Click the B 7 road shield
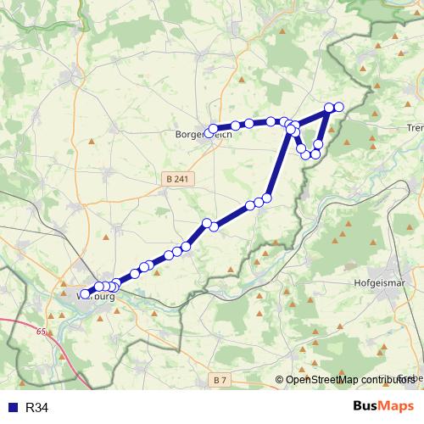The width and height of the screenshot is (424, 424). tap(220, 378)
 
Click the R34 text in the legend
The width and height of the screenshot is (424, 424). tap(37, 408)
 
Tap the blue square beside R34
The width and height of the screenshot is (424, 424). tap(12, 408)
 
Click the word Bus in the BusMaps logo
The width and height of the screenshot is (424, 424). tap(367, 407)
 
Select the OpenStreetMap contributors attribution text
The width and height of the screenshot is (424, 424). tap(350, 379)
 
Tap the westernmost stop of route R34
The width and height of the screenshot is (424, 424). tap(83, 295)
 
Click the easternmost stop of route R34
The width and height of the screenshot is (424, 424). tap(338, 107)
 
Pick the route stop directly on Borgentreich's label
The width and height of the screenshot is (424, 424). tap(212, 130)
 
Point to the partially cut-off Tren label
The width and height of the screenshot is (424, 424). tap(416, 127)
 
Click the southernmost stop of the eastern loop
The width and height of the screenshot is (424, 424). tap(307, 155)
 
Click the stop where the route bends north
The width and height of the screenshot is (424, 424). tap(266, 198)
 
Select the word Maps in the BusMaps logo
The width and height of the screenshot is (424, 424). tap(399, 407)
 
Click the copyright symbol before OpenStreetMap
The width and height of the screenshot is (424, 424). tap(280, 379)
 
